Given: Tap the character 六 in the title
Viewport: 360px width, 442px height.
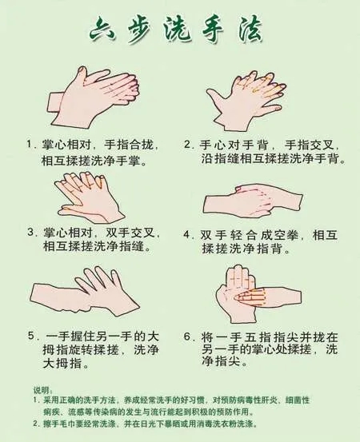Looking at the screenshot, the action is (102, 33).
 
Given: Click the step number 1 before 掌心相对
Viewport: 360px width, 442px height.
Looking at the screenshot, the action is (30, 144).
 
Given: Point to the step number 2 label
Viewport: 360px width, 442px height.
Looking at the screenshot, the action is (188, 145).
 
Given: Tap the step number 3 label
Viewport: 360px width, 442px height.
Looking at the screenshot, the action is (31, 233).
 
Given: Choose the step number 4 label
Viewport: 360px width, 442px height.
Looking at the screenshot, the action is (187, 234).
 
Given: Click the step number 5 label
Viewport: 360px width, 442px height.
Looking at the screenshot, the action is (31, 336).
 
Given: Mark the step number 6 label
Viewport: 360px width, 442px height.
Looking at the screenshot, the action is (188, 336).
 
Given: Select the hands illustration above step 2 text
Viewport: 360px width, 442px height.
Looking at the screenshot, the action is (246, 101).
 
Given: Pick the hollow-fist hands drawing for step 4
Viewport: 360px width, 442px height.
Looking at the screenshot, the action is (253, 202).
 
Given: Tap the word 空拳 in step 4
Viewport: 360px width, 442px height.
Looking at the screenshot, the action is (286, 234).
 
